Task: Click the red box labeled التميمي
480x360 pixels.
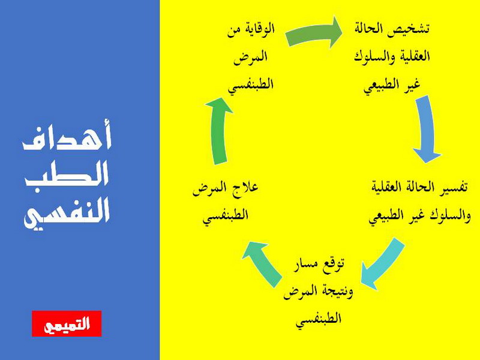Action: pos(67,323)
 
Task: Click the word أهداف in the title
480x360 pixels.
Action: pos(67,137)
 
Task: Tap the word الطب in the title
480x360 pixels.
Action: pos(67,175)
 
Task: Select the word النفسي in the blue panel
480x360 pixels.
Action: pos(67,214)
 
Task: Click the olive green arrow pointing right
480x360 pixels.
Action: pos(314,33)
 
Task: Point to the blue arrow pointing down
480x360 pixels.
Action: pos(427,129)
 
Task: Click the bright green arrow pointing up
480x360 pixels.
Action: pos(219,131)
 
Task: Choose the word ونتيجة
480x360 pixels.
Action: pos(336,291)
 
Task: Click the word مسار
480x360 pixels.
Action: pos(304,265)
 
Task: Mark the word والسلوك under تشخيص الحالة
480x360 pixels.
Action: pos(371,57)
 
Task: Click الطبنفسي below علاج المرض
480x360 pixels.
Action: pos(226,216)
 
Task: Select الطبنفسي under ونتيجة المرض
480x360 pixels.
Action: pos(319,320)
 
